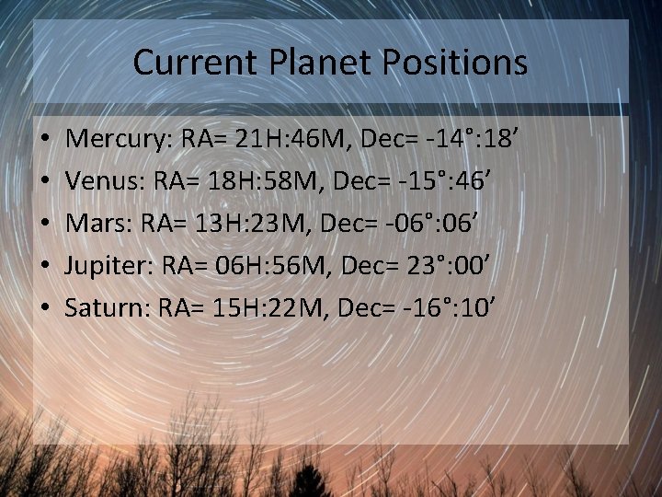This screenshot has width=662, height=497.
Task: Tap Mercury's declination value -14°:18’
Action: (x=474, y=141)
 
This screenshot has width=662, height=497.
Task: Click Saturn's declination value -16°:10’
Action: (x=451, y=306)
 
